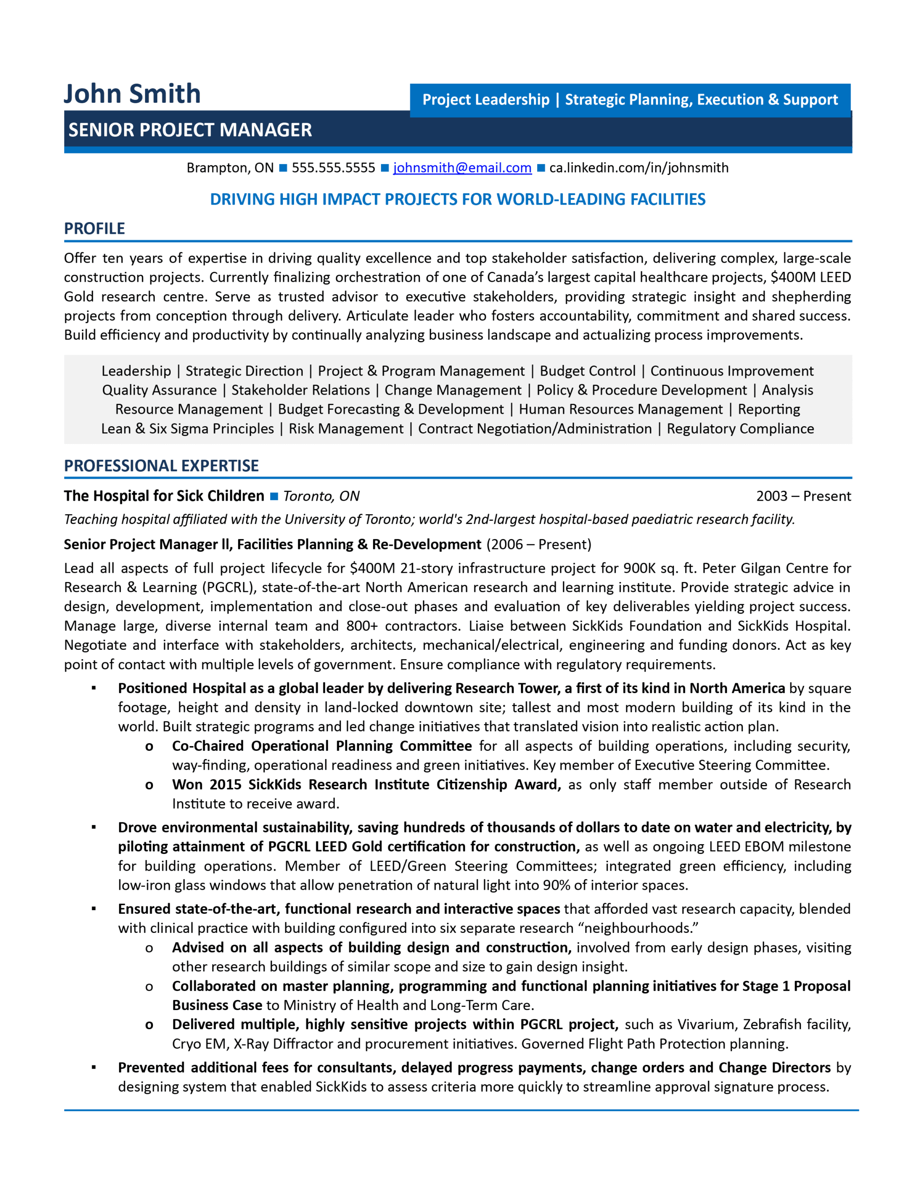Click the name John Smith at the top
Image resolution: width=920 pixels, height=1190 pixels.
[x=132, y=94]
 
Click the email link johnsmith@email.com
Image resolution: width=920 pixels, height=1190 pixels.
[x=462, y=168]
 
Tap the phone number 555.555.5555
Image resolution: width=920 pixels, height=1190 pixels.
[x=333, y=168]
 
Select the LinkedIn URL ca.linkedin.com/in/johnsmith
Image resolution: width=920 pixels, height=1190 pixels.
[x=639, y=168]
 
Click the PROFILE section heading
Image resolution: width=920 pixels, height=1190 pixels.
[x=94, y=228]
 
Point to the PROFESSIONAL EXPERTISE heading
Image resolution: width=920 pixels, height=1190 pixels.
[x=161, y=466]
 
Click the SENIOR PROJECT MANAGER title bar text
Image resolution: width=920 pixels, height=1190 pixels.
[x=190, y=130]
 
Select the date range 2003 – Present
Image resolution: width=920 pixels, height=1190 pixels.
[x=803, y=496]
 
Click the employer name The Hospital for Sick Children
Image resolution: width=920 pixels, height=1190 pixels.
[x=164, y=496]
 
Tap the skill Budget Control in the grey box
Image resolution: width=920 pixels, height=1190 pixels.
[x=587, y=371]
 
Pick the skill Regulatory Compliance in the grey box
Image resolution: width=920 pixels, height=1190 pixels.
[x=740, y=429]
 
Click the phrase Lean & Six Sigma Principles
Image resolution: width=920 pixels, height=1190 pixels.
[x=187, y=429]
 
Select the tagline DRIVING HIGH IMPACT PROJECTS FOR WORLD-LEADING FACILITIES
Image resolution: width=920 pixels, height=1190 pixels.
[x=458, y=199]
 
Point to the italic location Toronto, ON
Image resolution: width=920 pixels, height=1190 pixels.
[x=321, y=496]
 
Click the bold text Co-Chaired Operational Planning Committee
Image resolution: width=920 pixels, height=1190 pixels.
[x=322, y=746]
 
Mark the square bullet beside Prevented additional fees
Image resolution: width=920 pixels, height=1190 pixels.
[x=94, y=1067]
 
